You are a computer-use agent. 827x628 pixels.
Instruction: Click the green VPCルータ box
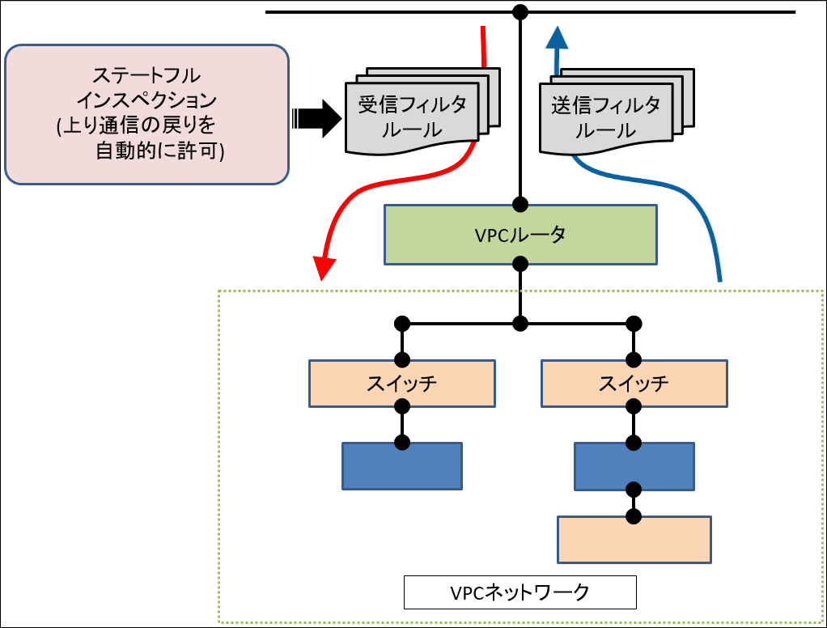pyautogui.click(x=520, y=235)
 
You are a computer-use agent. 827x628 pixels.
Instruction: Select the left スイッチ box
pyautogui.click(x=402, y=384)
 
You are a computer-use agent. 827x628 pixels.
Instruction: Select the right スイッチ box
pyautogui.click(x=634, y=384)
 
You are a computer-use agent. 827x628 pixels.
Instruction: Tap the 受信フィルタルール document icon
pyautogui.click(x=412, y=117)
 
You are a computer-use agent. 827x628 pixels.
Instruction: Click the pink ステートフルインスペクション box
pyautogui.click(x=146, y=114)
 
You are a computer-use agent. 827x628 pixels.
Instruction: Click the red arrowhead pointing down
pyautogui.click(x=324, y=267)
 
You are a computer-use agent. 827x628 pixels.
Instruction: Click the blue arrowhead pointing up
pyautogui.click(x=556, y=37)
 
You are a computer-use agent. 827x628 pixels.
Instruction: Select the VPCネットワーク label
pyautogui.click(x=520, y=592)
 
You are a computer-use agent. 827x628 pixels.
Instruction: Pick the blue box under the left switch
pyautogui.click(x=402, y=466)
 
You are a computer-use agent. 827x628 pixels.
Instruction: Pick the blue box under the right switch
pyautogui.click(x=634, y=467)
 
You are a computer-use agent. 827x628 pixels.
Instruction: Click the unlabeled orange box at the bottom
pyautogui.click(x=634, y=540)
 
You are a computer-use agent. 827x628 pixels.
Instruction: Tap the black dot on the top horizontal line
pyautogui.click(x=520, y=12)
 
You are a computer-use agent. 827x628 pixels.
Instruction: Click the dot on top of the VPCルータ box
pyautogui.click(x=520, y=204)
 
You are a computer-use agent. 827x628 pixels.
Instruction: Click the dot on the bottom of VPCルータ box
pyautogui.click(x=520, y=264)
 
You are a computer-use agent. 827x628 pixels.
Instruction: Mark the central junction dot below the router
pyautogui.click(x=520, y=324)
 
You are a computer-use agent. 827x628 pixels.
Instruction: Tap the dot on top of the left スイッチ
pyautogui.click(x=402, y=360)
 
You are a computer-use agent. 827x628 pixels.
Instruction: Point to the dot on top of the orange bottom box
pyautogui.click(x=634, y=516)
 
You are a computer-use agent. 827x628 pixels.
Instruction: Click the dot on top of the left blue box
pyautogui.click(x=402, y=443)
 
